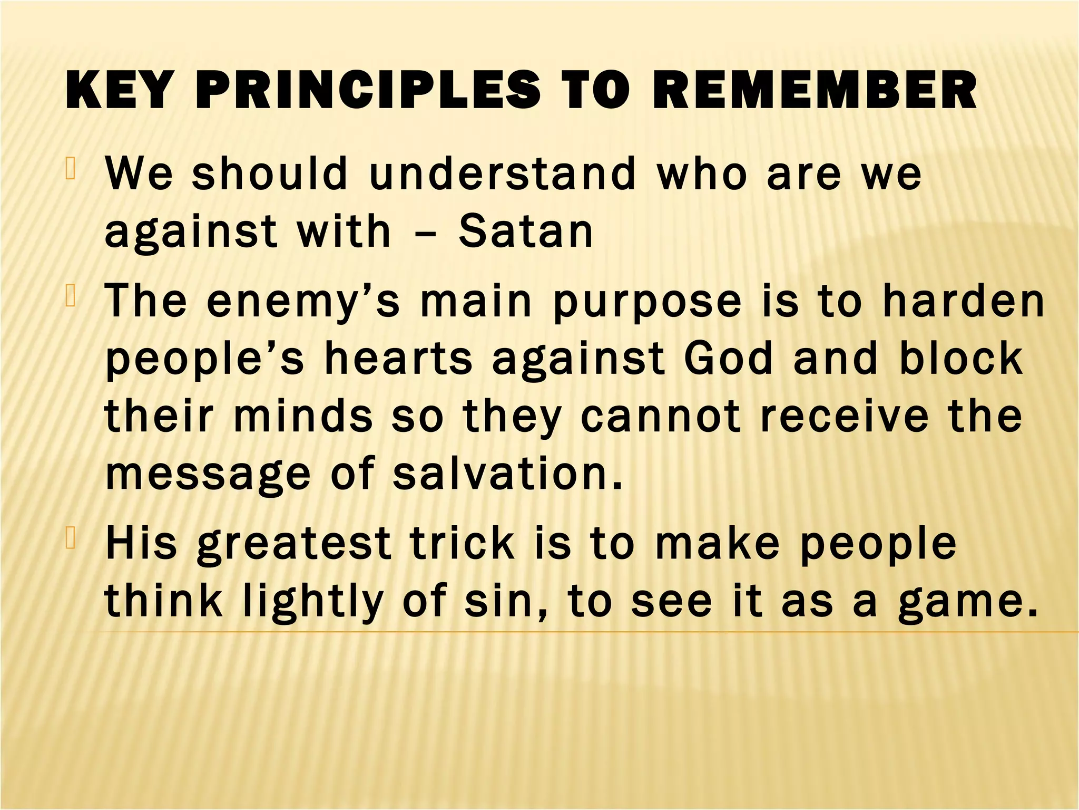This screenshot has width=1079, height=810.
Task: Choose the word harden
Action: [x=964, y=301]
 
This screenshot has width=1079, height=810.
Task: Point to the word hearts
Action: [x=398, y=359]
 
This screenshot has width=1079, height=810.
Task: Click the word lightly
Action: [x=313, y=602]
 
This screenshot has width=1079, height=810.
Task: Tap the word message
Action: [x=208, y=475]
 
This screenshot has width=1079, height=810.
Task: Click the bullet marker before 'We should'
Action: [x=72, y=170]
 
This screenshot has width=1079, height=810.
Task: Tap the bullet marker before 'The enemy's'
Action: [x=72, y=297]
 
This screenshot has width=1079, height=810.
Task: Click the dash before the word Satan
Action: [x=426, y=233]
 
